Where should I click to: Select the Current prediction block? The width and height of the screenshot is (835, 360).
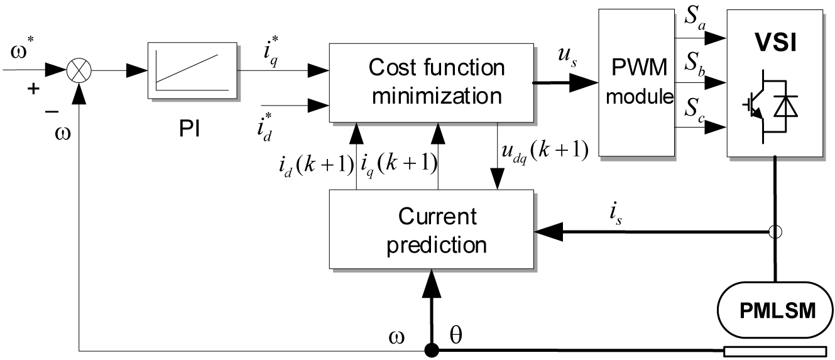click(x=430, y=231)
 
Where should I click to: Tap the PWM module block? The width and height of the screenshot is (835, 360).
click(x=636, y=82)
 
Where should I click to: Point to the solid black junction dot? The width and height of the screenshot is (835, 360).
click(x=431, y=349)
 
